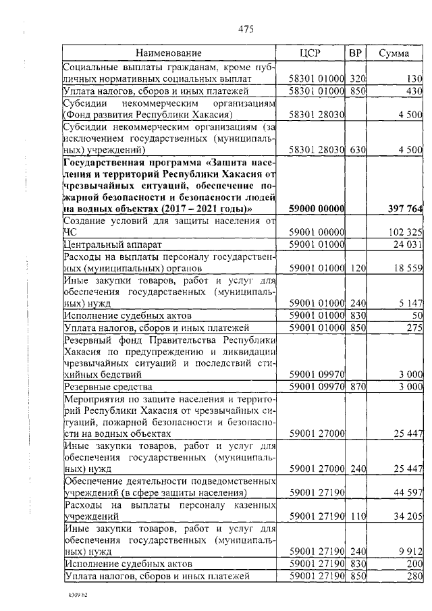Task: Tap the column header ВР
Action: click(355, 53)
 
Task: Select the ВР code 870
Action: click(355, 386)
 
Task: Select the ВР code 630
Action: click(355, 149)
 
